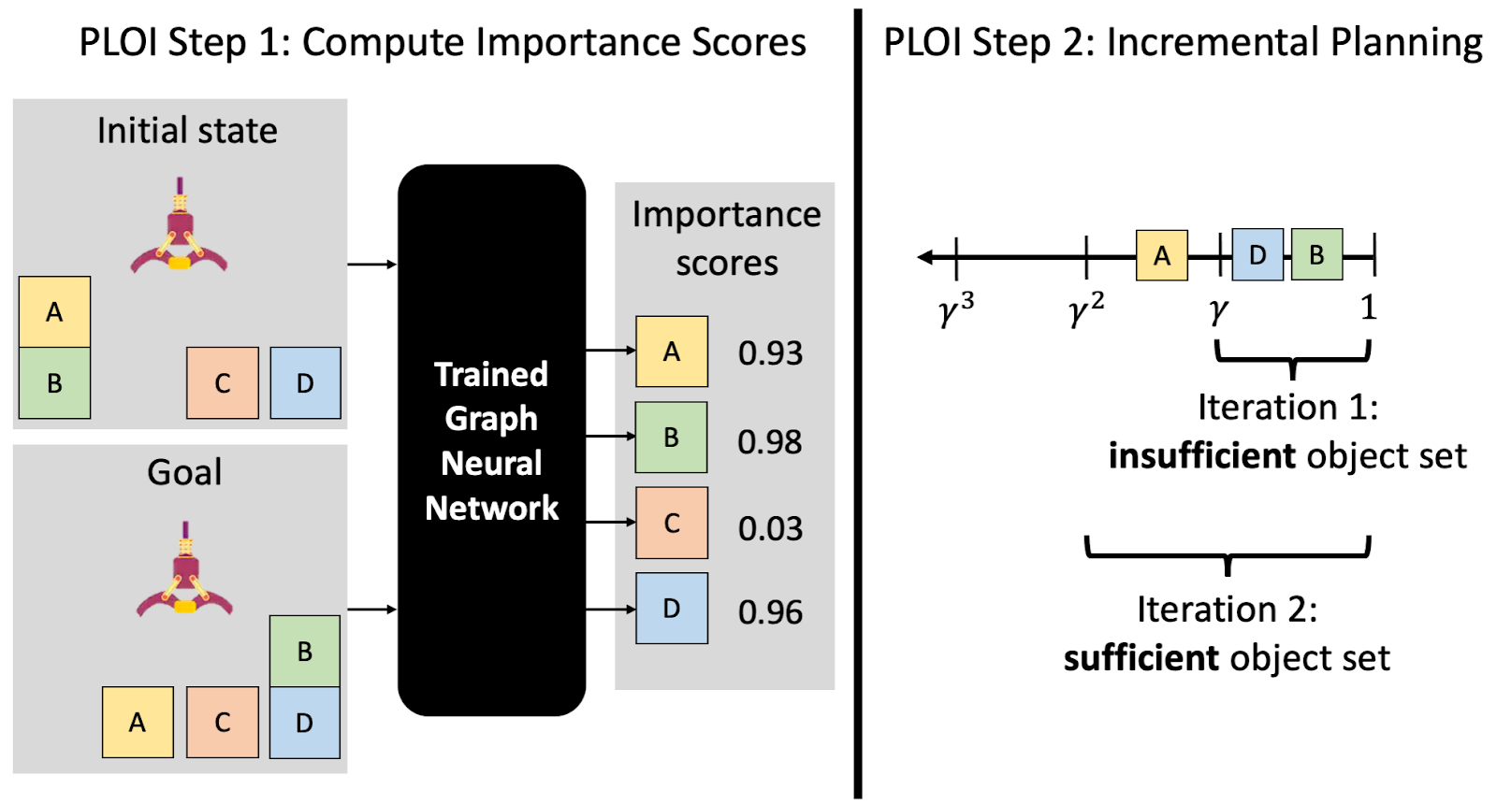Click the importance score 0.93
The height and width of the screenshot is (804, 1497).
click(770, 352)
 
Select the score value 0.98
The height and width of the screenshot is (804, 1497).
click(770, 441)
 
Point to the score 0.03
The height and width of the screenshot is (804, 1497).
click(770, 528)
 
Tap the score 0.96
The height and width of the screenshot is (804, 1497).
click(770, 611)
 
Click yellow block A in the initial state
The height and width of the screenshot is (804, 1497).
click(55, 312)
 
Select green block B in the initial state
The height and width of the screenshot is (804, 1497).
click(55, 382)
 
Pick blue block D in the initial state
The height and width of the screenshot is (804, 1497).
click(305, 382)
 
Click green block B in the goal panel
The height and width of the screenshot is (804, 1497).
click(305, 651)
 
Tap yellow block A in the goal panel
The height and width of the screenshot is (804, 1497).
click(138, 722)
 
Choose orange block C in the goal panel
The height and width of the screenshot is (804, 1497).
click(223, 722)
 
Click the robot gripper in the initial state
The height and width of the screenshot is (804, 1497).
click(179, 227)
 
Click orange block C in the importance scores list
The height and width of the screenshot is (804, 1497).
click(672, 523)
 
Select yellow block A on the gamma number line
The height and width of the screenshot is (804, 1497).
click(1162, 255)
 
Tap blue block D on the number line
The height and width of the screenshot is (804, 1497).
click(1257, 254)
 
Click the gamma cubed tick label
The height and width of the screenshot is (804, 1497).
click(956, 309)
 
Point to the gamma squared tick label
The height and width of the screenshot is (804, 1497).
click(1086, 309)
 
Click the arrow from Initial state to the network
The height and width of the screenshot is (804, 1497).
click(372, 265)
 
